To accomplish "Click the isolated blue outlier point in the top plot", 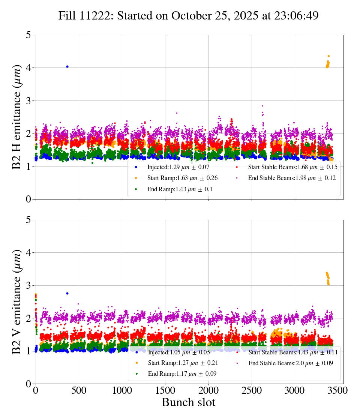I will pyautogui.click(x=67, y=66).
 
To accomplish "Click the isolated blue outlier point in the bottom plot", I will pyautogui.click(x=67, y=293).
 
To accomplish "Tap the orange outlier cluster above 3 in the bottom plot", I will pyautogui.click(x=328, y=278).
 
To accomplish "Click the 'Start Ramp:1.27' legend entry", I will pyautogui.click(x=178, y=363).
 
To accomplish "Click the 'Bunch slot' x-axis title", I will pyautogui.click(x=188, y=402).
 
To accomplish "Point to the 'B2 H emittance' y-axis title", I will pyautogui.click(x=17, y=117).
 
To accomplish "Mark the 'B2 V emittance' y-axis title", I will pyautogui.click(x=17, y=302).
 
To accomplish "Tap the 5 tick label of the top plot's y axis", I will pyautogui.click(x=28, y=35).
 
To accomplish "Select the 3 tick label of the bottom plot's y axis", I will pyautogui.click(x=28, y=286).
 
